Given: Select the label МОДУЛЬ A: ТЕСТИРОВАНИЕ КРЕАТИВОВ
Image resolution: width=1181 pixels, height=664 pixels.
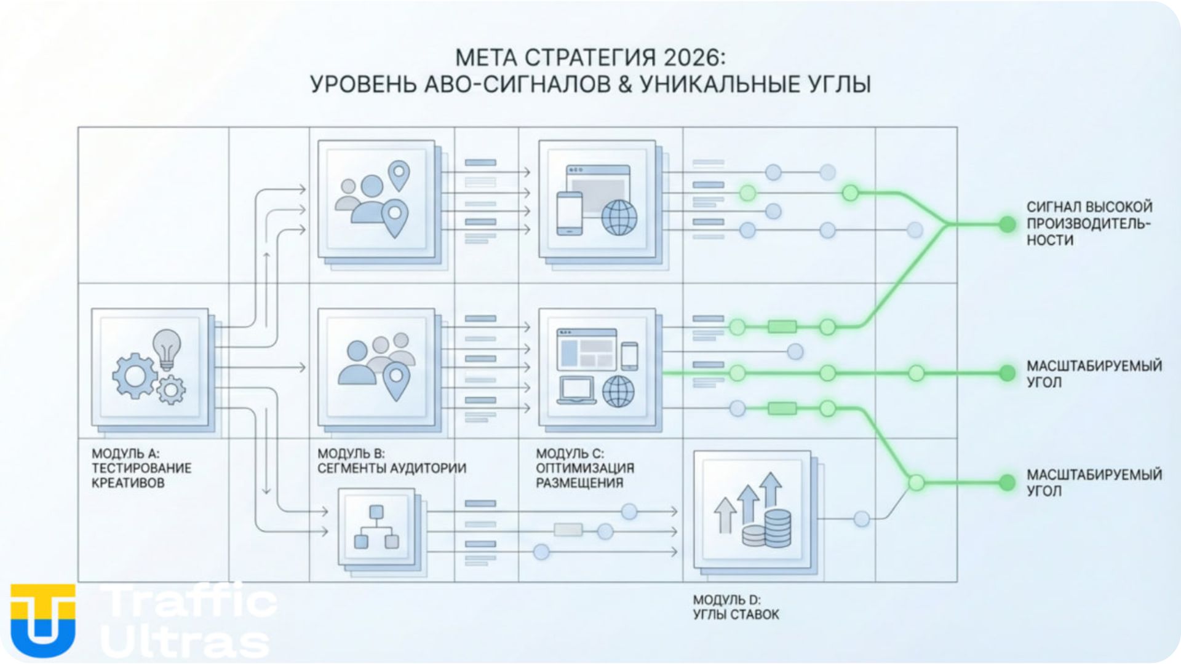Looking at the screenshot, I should [x=141, y=468].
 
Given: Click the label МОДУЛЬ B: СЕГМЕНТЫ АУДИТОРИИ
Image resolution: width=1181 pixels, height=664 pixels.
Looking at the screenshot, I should [x=391, y=461].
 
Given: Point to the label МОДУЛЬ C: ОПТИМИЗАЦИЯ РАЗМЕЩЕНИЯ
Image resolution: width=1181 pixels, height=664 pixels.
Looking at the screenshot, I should [x=584, y=468].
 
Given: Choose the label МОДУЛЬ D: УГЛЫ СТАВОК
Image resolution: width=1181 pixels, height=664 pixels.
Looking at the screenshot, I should [x=736, y=607].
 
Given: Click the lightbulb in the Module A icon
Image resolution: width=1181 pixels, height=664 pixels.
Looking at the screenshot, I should [x=167, y=348].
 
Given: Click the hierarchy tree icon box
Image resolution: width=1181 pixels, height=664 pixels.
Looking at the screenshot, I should [x=376, y=527].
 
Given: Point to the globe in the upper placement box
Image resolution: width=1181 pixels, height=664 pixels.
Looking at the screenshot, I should [x=619, y=217].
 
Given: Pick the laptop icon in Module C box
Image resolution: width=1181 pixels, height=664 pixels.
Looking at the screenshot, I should [x=576, y=390].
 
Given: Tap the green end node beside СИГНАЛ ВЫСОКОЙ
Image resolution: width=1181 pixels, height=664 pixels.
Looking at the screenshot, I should [x=1007, y=224].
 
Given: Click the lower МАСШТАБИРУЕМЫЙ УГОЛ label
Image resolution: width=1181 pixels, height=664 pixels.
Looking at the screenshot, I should [x=1093, y=482].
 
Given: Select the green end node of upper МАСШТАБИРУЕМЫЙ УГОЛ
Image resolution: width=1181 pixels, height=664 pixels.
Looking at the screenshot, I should [x=1007, y=373].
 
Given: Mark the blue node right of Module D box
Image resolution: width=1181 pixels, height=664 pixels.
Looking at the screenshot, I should [x=861, y=519].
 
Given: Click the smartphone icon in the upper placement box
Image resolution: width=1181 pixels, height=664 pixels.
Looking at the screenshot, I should [x=569, y=213].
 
